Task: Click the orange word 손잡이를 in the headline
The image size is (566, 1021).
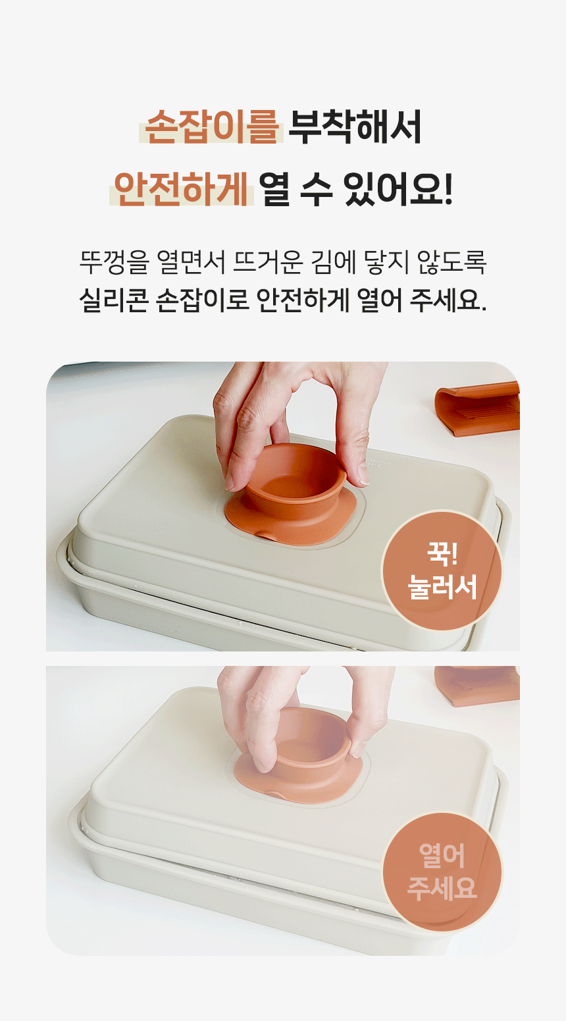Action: pyautogui.click(x=211, y=126)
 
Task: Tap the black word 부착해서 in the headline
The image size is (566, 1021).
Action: pyautogui.click(x=355, y=126)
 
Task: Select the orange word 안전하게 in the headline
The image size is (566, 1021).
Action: pyautogui.click(x=181, y=188)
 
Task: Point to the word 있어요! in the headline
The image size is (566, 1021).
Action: pyautogui.click(x=398, y=188)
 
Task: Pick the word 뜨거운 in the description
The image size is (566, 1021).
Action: pyautogui.click(x=268, y=262)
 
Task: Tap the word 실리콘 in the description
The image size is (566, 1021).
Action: pyautogui.click(x=114, y=300)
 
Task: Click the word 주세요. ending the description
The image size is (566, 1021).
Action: pyautogui.click(x=448, y=300)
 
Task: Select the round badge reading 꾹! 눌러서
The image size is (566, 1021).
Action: pyautogui.click(x=442, y=570)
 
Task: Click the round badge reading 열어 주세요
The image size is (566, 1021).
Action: pyautogui.click(x=442, y=871)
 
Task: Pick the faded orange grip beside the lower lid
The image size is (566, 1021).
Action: pyautogui.click(x=478, y=685)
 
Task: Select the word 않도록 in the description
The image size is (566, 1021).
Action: pyautogui.click(x=452, y=262)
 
